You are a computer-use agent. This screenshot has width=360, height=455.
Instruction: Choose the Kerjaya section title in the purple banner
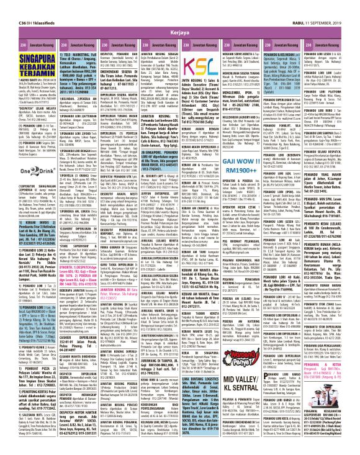[179, 14]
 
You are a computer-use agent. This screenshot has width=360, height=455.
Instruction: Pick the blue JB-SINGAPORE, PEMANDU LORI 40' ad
[204, 158]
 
